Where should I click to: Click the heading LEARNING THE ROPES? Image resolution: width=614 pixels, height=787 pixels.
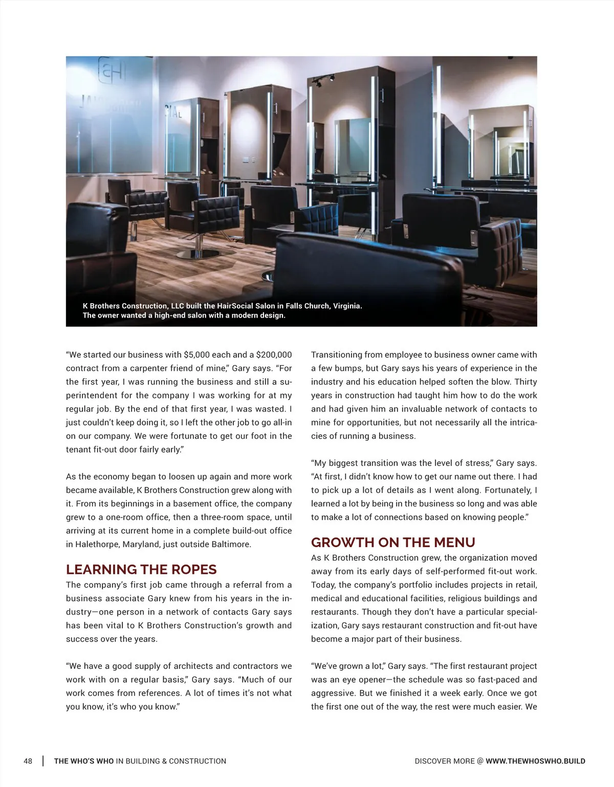(141, 570)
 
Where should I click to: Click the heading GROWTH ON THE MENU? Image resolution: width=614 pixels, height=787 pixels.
(393, 543)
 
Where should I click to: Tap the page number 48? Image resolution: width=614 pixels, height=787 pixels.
(28, 761)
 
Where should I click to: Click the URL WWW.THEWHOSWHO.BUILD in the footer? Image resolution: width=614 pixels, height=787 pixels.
(535, 761)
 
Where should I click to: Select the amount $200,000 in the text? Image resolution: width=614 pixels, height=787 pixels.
(274, 355)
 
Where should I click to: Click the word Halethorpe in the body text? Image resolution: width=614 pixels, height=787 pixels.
(97, 545)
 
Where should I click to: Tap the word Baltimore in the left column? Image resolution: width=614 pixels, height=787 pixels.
(230, 545)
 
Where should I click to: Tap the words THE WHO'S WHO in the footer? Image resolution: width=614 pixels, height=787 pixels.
(84, 761)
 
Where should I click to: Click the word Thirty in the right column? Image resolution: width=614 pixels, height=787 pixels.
(525, 382)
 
